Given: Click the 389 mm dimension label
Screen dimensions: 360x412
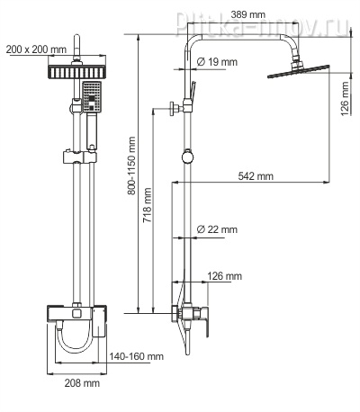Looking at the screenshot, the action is click(248, 14).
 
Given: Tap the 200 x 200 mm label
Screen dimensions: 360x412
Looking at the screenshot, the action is click(36, 49).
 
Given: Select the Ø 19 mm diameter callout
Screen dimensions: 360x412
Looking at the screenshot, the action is click(217, 62).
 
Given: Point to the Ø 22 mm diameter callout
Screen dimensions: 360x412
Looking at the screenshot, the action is click(217, 229).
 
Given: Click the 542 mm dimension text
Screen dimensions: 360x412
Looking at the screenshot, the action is click(256, 176).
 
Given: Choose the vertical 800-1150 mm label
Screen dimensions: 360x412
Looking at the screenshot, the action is click(131, 166).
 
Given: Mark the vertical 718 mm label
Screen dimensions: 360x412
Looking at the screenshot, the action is click(147, 205).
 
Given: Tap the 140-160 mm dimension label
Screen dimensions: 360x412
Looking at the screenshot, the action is click(136, 356).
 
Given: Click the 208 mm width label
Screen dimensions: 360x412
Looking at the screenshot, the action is click(82, 382).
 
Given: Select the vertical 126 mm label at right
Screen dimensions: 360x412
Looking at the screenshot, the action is click(346, 99).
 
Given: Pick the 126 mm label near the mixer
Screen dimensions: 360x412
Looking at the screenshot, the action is click(224, 276).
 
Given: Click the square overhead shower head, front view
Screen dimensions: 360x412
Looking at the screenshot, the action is click(76, 72).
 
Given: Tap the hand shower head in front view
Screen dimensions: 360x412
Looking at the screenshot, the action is click(92, 97).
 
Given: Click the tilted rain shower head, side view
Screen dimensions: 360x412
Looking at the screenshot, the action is click(298, 71).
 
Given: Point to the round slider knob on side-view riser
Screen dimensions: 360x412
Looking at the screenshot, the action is click(187, 157).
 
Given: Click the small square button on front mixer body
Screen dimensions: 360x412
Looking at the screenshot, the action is click(76, 313).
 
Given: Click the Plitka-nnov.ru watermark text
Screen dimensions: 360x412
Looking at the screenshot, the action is click(263, 24).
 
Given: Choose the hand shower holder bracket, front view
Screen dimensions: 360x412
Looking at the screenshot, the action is click(80, 157).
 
